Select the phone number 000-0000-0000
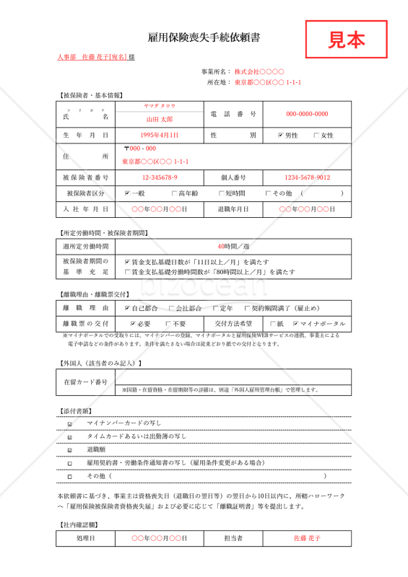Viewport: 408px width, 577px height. (x=307, y=114)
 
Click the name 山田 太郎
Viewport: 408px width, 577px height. (x=160, y=118)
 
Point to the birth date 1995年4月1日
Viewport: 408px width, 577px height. (x=160, y=135)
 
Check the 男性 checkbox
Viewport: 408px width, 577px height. (x=281, y=136)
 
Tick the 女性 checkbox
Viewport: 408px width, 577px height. (x=316, y=136)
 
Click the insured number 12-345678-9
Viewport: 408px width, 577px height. (x=160, y=177)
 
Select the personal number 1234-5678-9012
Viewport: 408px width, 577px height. (x=307, y=177)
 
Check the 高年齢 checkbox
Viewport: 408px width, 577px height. (x=174, y=193)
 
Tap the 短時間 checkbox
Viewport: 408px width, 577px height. (x=221, y=193)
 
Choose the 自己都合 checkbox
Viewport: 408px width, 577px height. (x=127, y=308)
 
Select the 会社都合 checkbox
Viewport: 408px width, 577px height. (x=171, y=308)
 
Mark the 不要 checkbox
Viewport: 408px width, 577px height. (x=168, y=324)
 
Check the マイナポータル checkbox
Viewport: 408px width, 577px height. (x=295, y=324)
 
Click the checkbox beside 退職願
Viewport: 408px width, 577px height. (x=70, y=450)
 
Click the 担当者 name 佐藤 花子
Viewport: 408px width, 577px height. (x=307, y=538)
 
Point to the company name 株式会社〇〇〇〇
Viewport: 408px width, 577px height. (x=259, y=72)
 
